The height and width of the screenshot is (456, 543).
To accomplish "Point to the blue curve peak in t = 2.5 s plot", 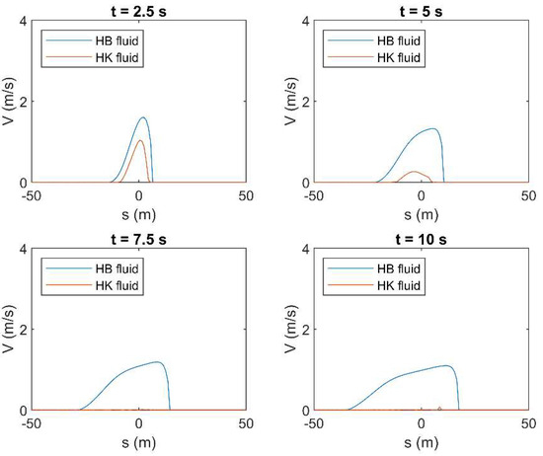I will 144,117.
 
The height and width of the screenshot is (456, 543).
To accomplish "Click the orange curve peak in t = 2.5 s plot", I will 141,140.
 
